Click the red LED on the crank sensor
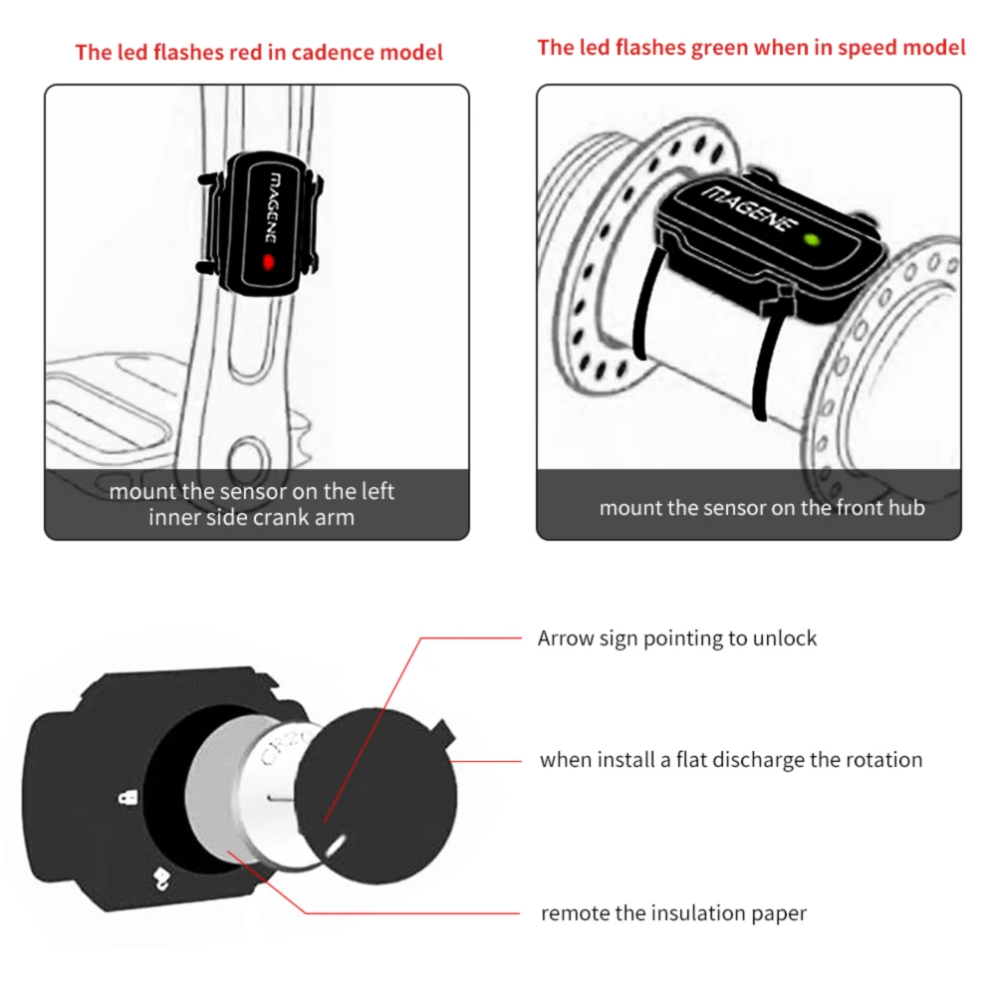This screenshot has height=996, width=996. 266,263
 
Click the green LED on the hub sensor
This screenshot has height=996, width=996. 812,240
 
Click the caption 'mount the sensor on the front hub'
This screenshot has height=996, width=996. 762,508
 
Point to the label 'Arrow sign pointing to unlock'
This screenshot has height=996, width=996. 677,638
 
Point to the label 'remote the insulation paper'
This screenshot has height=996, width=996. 673,912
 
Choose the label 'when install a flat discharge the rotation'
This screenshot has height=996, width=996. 731,760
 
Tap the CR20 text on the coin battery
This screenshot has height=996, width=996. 281,758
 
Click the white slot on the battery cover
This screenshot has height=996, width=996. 335,846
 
